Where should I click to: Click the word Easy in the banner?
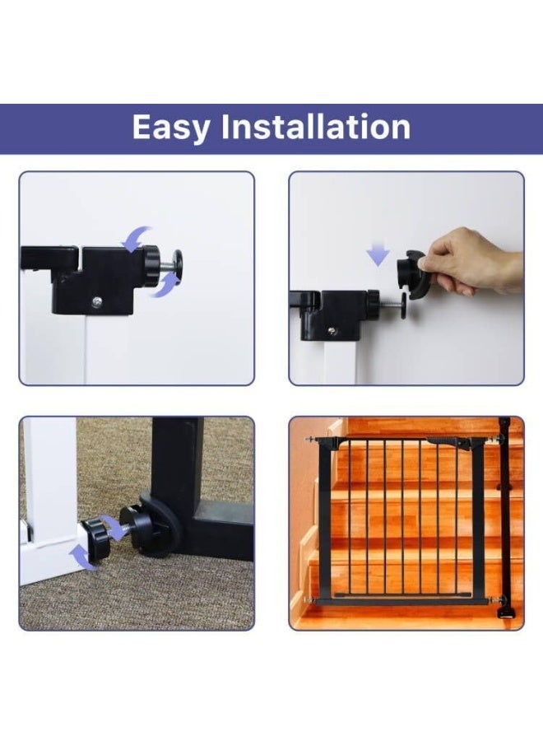(x=171, y=128)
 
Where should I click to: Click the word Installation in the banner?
(x=316, y=127)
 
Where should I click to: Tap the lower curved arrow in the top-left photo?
(x=165, y=285)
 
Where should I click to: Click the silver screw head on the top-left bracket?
(x=98, y=301)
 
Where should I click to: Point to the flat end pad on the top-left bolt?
(x=179, y=263)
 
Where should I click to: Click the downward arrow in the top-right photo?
(x=378, y=254)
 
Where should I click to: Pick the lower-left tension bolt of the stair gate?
(x=311, y=601)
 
